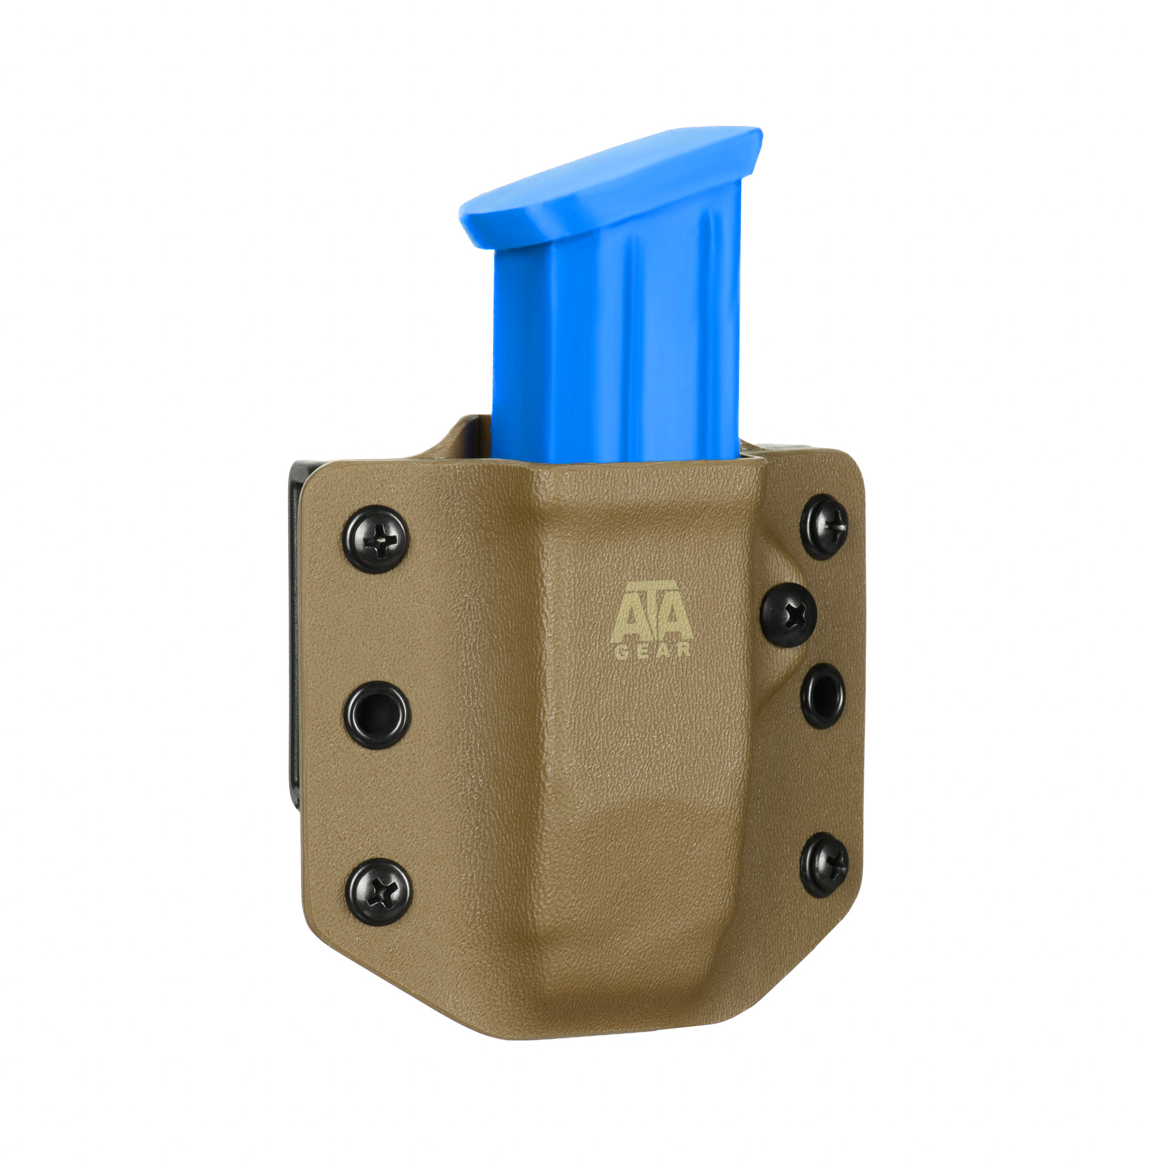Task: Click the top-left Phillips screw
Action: pyautogui.click(x=375, y=539)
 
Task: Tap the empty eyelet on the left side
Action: pyautogui.click(x=376, y=715)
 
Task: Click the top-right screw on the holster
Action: pyautogui.click(x=825, y=527)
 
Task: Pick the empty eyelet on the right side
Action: pyautogui.click(x=822, y=695)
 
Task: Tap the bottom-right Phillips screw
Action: pyautogui.click(x=824, y=865)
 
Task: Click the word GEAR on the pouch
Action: pyautogui.click(x=652, y=651)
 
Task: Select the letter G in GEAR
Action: pyautogui.click(x=620, y=651)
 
